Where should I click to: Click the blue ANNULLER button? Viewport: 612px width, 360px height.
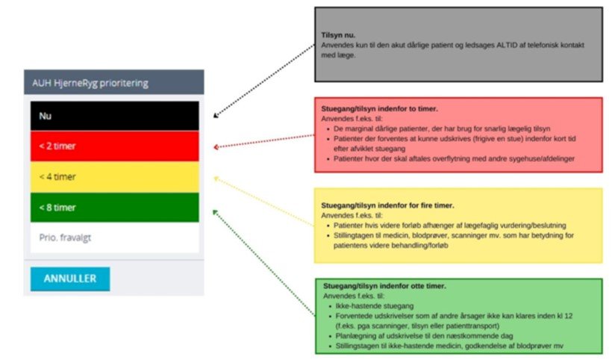pos(70,279)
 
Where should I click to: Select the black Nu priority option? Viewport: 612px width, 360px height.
pos(114,116)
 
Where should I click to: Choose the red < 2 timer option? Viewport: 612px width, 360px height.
pos(114,146)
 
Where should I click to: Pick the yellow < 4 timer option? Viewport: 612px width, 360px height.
pos(114,177)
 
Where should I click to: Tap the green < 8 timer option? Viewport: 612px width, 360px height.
pos(114,207)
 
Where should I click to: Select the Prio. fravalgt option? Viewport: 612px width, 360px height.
pos(114,238)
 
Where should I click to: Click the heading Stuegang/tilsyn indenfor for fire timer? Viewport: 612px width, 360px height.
pos(387,205)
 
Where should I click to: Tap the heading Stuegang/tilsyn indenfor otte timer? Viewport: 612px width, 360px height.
pos(384,286)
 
